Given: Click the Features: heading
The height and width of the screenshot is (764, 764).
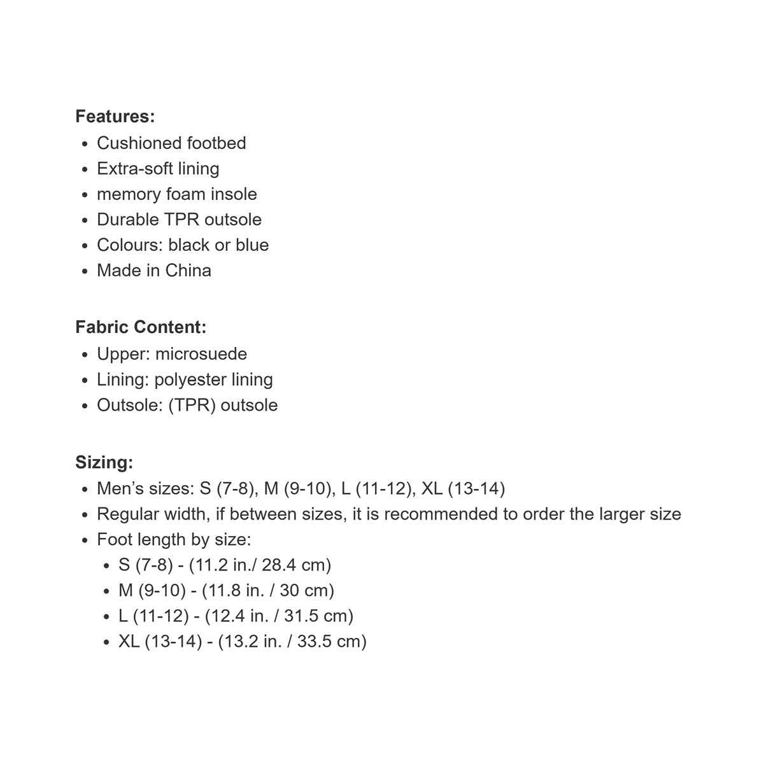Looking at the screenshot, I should coord(115,117).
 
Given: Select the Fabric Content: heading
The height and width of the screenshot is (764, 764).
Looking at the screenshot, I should coord(141,327).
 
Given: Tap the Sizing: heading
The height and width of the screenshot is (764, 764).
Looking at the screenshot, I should coord(104,462).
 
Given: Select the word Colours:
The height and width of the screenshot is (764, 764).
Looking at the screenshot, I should coord(130,245).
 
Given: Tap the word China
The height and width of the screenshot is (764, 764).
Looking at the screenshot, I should coord(188,271).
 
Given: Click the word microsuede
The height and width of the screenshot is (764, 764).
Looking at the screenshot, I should coord(201,354).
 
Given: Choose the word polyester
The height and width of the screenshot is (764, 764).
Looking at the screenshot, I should coord(190,379).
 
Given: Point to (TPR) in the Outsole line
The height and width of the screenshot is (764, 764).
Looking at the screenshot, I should coord(192,405).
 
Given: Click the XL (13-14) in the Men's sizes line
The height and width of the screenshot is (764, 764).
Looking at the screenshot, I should coord(463,489).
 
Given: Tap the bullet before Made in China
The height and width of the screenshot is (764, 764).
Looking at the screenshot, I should coord(85,271).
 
